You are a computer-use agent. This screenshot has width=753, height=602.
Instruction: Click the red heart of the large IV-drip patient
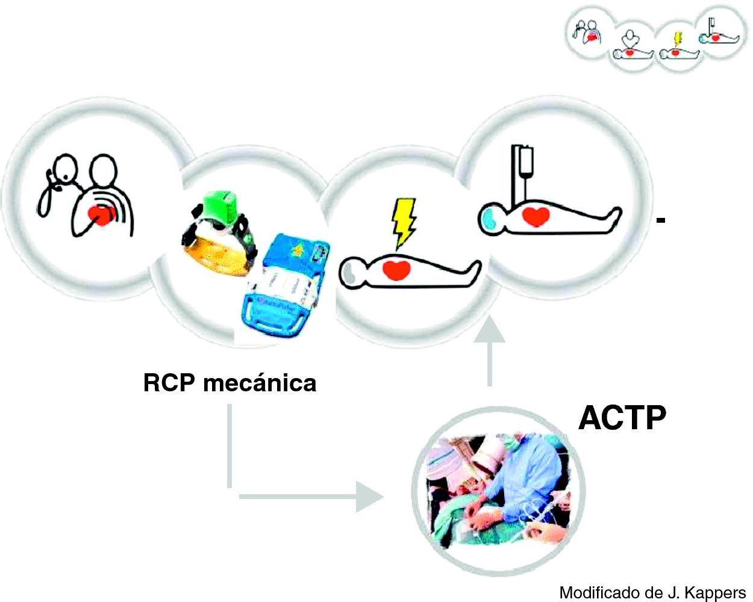coord(534,215)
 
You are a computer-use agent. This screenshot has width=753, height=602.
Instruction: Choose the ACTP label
coord(622,417)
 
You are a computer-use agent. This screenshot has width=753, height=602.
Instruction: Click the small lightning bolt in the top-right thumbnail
coord(678,39)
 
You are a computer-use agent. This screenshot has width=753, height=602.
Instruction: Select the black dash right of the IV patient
coord(660,221)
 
